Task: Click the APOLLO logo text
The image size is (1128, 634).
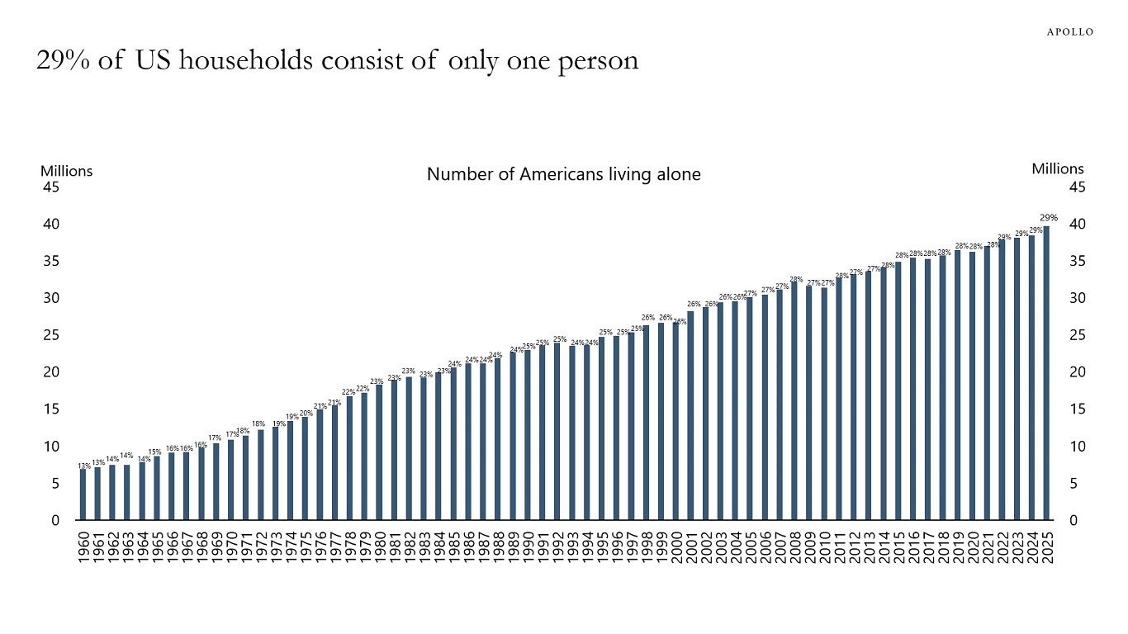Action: (x=1070, y=31)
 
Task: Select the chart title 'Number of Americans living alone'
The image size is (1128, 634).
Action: (x=563, y=174)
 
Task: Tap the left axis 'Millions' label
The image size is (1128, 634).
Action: (x=66, y=171)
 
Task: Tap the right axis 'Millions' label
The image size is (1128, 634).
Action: (x=1057, y=168)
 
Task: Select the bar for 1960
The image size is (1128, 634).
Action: (x=83, y=494)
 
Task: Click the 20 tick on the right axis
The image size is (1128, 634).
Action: (x=1077, y=372)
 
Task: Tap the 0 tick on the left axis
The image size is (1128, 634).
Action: (x=55, y=520)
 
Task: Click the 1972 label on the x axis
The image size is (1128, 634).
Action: (x=261, y=546)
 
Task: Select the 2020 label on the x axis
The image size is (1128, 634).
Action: (x=973, y=546)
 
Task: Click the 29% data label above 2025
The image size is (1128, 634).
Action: (x=1049, y=217)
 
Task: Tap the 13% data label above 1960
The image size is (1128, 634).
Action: (x=84, y=466)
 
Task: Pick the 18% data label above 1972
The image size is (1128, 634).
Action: (x=258, y=423)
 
